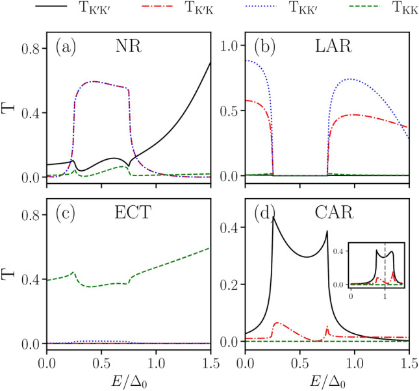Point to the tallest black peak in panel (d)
pos(273,218)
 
